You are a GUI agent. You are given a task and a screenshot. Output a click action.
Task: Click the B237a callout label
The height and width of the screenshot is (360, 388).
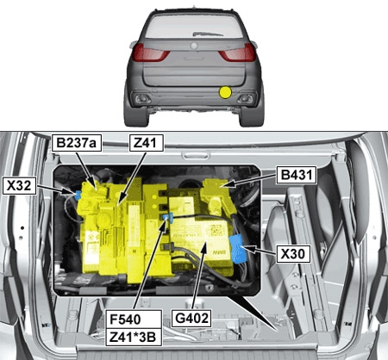coord(77,143)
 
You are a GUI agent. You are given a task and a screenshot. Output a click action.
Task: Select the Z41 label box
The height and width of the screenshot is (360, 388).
coord(147,143)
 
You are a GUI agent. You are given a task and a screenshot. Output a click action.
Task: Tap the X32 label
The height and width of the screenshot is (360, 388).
coord(19,186)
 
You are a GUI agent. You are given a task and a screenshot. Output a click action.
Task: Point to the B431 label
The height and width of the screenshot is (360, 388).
coord(297,175)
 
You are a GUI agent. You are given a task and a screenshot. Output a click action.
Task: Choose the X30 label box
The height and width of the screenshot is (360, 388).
coord(293,254)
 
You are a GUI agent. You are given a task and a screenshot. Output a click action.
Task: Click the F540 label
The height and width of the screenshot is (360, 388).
coord(134,320)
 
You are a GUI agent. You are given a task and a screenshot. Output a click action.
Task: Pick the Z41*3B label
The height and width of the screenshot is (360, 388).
coord(134,337)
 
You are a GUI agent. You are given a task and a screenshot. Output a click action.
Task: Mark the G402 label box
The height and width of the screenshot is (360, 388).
coord(191,318)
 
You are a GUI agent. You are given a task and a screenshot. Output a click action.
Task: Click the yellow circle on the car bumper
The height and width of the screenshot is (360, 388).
coord(225,92)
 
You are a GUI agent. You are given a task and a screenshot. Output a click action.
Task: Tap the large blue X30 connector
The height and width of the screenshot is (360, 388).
coord(238,249)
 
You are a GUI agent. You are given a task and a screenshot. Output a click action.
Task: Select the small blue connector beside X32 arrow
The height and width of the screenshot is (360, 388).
coord(77,196)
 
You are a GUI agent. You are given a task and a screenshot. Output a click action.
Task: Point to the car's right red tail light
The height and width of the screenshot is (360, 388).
coord(238,53)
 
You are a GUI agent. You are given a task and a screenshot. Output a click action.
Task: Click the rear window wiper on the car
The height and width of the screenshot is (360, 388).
coord(208,34)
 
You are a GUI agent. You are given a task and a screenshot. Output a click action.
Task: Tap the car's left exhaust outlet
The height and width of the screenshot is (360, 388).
coord(142,99)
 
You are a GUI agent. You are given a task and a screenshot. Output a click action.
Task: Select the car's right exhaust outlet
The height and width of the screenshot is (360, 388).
coord(245,99)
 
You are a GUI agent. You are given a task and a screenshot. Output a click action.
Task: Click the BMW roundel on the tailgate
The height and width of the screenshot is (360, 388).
coord(194,46)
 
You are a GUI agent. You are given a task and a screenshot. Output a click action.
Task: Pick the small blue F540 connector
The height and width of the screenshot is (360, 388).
coord(167,218)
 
